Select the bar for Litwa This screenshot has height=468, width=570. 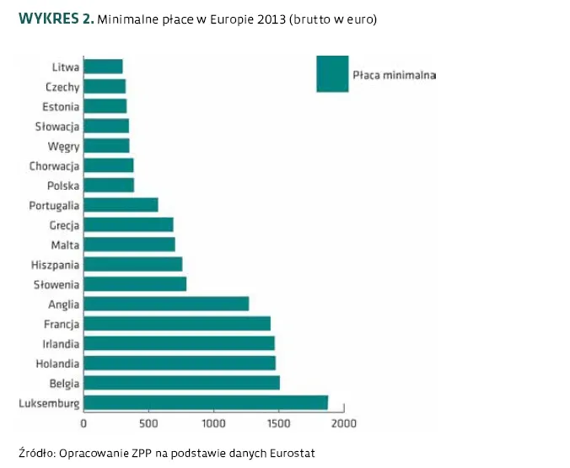click(x=103, y=67)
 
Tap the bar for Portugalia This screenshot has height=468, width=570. click(x=121, y=205)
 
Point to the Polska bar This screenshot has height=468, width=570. click(x=109, y=186)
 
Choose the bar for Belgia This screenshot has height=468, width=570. click(x=181, y=383)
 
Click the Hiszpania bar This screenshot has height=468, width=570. click(x=133, y=265)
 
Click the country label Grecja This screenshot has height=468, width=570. click(x=65, y=225)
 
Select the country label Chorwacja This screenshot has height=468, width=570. click(x=55, y=166)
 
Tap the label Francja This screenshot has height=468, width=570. click(x=62, y=324)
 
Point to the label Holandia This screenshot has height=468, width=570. click(x=57, y=363)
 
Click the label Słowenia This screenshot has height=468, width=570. click(x=56, y=284)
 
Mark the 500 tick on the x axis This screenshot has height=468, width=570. click(x=149, y=423)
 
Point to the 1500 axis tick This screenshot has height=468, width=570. click(x=279, y=423)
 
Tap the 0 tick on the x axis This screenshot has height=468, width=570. click(x=83, y=423)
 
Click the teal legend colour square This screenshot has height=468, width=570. click(x=332, y=73)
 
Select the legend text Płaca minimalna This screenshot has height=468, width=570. click(x=394, y=75)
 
